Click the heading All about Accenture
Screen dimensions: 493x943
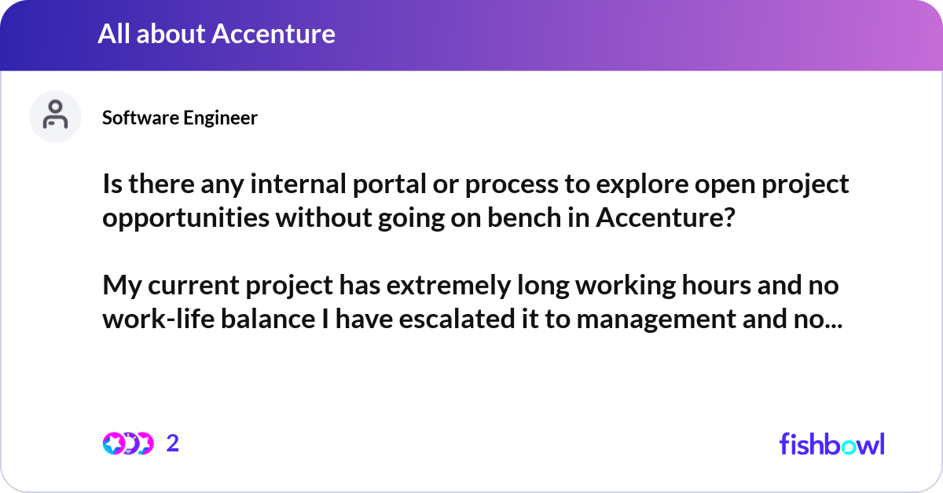click(216, 34)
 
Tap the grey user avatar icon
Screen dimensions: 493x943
click(55, 116)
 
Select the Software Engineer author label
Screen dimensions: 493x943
click(180, 118)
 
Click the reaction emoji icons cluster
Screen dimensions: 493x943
click(127, 444)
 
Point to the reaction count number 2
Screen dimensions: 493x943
click(173, 444)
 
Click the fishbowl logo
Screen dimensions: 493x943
click(831, 444)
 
